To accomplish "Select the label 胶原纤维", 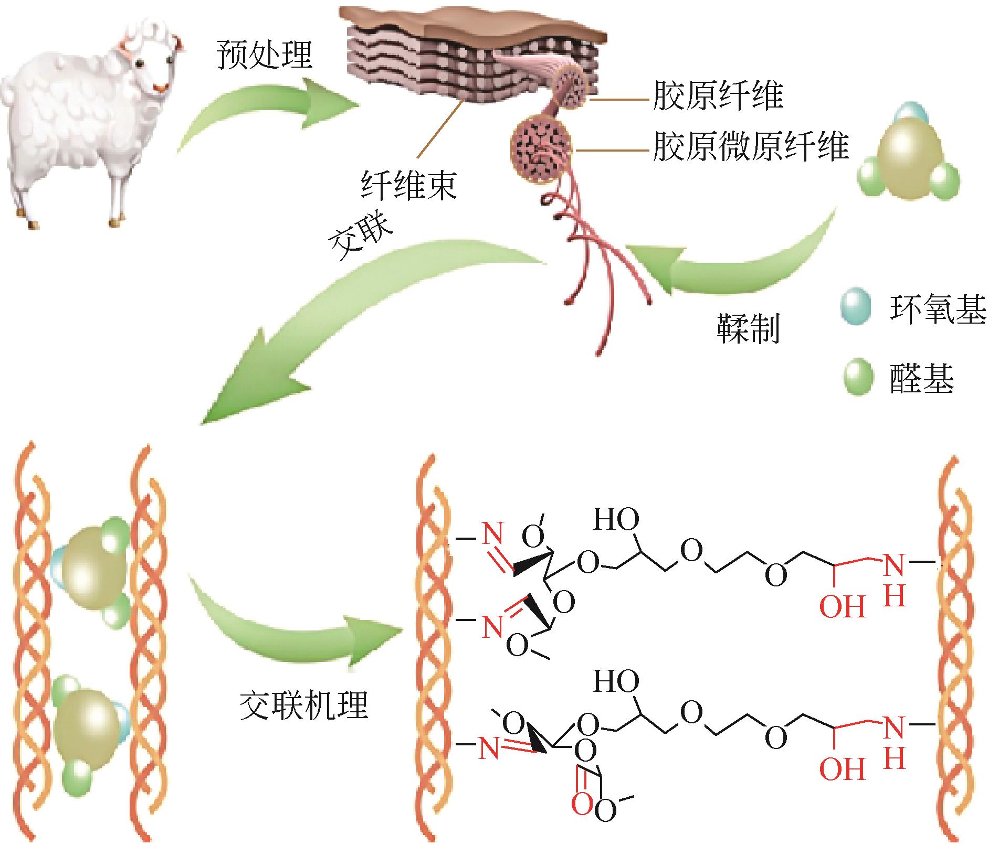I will point(718,95).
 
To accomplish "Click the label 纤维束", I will point(409,185).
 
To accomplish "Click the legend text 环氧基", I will point(937,308).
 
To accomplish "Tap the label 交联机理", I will point(303,705).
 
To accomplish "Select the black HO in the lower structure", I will point(616,682).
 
